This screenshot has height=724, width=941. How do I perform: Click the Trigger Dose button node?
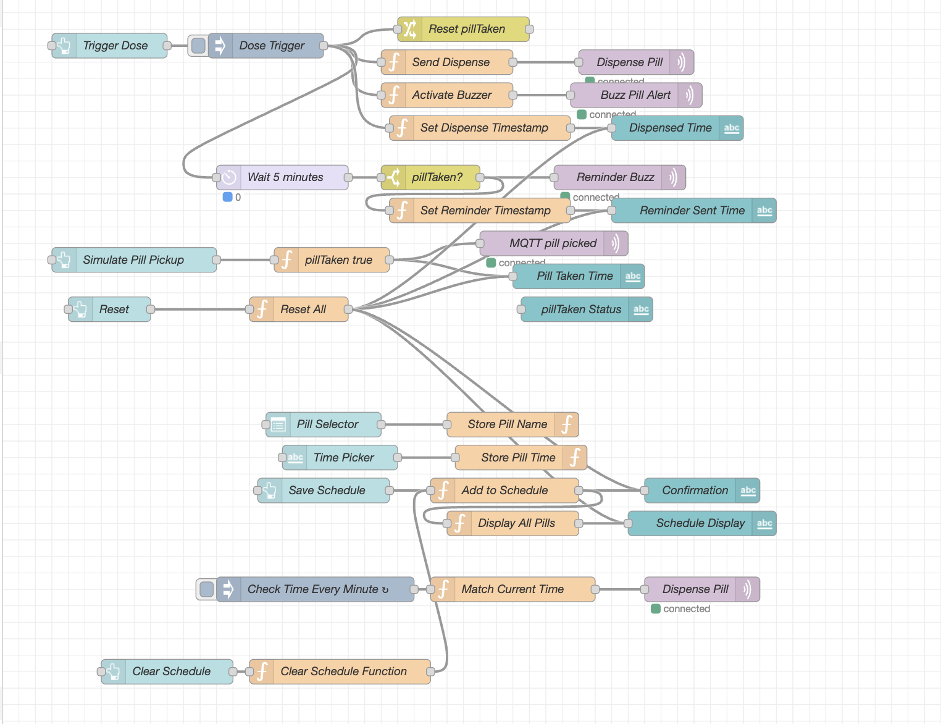[x=115, y=46]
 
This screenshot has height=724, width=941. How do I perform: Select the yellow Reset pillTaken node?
[x=466, y=29]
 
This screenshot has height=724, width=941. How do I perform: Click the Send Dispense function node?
[x=450, y=62]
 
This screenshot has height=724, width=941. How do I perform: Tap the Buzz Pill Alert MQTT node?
[x=635, y=95]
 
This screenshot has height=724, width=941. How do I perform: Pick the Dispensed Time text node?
[x=670, y=128]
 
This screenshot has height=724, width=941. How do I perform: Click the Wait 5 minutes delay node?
[x=285, y=177]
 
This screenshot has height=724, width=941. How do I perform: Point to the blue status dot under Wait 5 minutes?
[x=227, y=197]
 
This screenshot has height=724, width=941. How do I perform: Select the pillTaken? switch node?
[x=437, y=177]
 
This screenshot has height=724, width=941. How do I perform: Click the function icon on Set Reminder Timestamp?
[x=402, y=211]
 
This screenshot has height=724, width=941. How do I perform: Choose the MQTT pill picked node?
[x=553, y=243]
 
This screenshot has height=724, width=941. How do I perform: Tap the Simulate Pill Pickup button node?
[x=133, y=260]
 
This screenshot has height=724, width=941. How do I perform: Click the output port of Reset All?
[x=348, y=309]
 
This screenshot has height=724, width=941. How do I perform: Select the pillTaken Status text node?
[x=580, y=309]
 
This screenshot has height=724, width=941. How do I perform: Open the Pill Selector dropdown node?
[x=327, y=424]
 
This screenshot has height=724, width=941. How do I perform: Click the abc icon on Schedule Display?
[x=764, y=523]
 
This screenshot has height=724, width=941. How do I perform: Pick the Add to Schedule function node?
[x=504, y=490]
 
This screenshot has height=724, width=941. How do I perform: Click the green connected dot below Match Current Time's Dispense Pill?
[x=656, y=609]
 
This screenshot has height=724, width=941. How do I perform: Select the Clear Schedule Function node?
[x=343, y=671]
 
